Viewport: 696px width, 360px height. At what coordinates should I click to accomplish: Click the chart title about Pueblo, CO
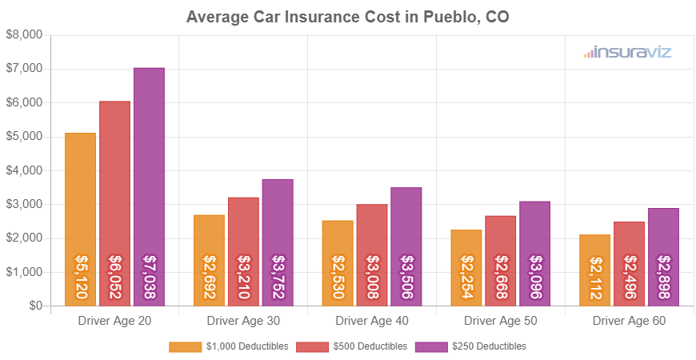(347, 17)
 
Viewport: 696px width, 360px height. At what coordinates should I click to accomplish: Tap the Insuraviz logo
(627, 53)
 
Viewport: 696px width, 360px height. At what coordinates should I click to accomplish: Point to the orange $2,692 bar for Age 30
(209, 260)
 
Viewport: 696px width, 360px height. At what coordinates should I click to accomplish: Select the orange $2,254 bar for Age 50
(466, 267)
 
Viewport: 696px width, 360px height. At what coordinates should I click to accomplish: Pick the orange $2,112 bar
(594, 270)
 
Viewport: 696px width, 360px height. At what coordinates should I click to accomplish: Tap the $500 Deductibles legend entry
(352, 346)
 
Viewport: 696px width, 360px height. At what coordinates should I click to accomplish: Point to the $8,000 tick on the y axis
(24, 35)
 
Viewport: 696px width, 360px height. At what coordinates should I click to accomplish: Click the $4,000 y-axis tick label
(24, 170)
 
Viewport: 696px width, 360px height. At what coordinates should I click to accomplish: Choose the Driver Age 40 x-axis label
(372, 321)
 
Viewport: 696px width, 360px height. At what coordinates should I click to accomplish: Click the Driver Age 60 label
(629, 321)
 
